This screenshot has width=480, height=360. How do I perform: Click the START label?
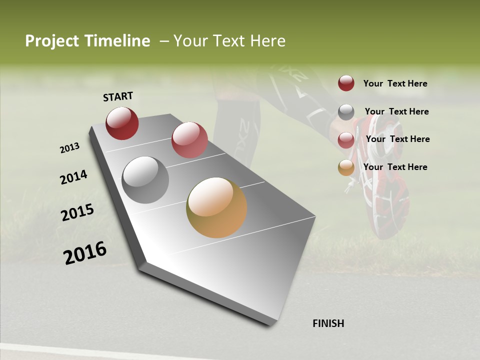point(118,96)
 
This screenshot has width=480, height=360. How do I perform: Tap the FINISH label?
point(328,323)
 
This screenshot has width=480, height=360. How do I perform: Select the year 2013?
point(70,148)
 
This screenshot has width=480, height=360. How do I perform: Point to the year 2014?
point(74,177)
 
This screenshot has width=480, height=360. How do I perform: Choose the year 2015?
point(77,212)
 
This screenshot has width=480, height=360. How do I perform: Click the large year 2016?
point(85,253)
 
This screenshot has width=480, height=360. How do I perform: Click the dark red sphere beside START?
point(122,123)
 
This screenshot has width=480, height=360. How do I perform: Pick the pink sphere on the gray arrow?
point(189,140)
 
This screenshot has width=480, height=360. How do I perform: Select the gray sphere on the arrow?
point(145,179)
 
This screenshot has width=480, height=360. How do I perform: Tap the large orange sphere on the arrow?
point(216,207)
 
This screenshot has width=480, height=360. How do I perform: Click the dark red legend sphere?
point(346,83)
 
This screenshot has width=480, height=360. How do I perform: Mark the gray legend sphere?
point(346,112)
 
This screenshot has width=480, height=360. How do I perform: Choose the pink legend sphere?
point(346,140)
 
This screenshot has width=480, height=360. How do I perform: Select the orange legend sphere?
point(346,167)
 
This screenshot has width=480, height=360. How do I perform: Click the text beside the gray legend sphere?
point(396,111)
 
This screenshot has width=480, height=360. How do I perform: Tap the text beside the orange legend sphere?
point(395,167)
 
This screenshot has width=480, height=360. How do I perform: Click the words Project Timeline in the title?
point(87,41)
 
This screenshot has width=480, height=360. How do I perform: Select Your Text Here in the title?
point(229,41)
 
